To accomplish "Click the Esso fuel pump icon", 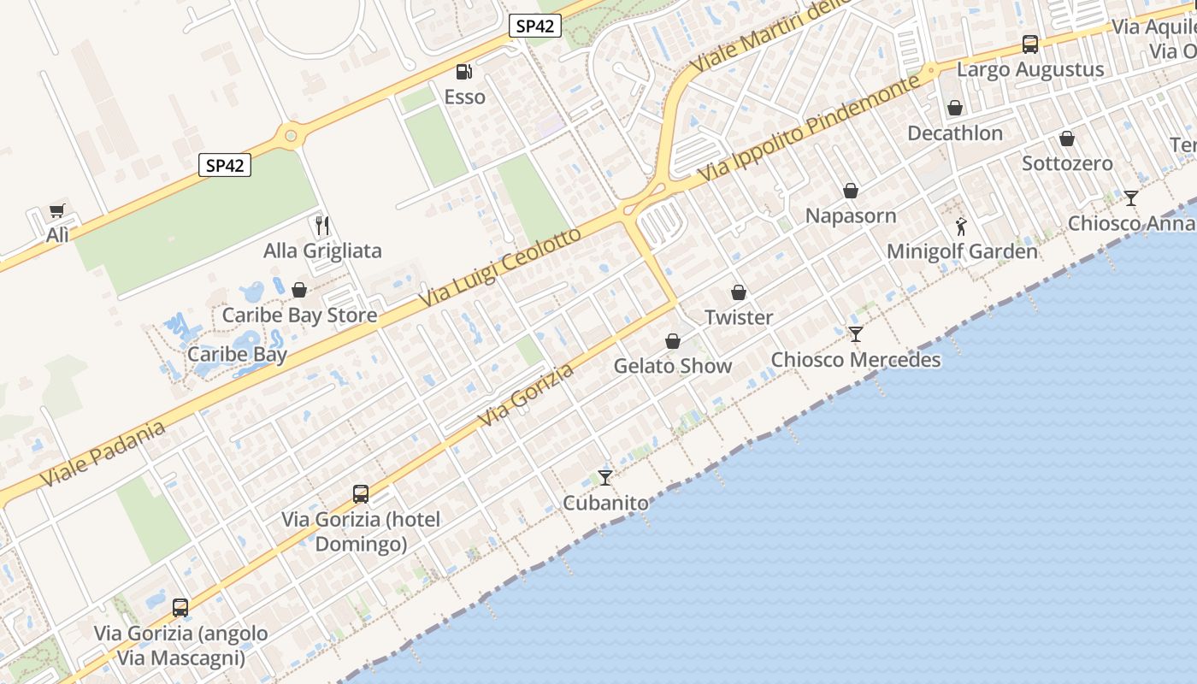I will pyautogui.click(x=463, y=73).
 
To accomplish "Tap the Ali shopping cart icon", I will pyautogui.click(x=57, y=211).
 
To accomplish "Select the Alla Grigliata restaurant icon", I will pyautogui.click(x=322, y=226).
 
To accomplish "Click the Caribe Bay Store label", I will pyautogui.click(x=299, y=315).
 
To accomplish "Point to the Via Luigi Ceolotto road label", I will pyautogui.click(x=501, y=269).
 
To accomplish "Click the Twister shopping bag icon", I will pyautogui.click(x=739, y=293).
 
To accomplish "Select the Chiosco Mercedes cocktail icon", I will pyautogui.click(x=856, y=334).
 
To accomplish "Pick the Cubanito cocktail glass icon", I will pyautogui.click(x=605, y=478).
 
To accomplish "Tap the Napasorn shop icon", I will pyautogui.click(x=851, y=191).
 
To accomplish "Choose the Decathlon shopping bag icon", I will pyautogui.click(x=955, y=109).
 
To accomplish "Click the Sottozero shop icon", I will pyautogui.click(x=1067, y=139).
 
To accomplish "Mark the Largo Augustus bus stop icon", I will pyautogui.click(x=1030, y=44).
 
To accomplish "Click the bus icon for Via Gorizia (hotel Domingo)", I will pyautogui.click(x=361, y=494).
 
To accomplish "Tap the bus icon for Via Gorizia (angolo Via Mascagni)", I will pyautogui.click(x=180, y=608).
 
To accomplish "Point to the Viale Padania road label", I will pyautogui.click(x=102, y=454).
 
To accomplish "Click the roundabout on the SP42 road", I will pyautogui.click(x=292, y=135).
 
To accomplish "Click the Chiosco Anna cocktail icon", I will pyautogui.click(x=1131, y=198).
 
